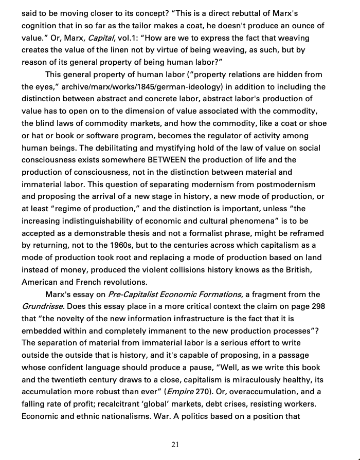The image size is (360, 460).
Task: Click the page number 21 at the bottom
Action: pos(175,445)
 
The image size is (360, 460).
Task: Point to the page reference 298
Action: pos(318,306)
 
